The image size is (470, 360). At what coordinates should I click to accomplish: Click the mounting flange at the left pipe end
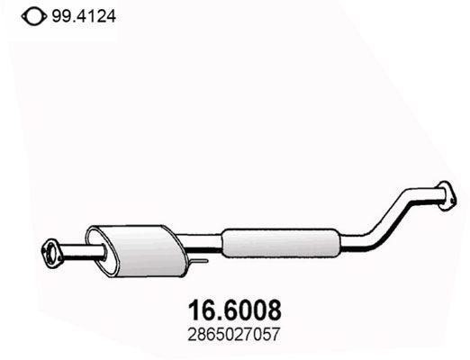pyautogui.click(x=52, y=249)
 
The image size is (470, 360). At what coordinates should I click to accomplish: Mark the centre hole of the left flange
pyautogui.click(x=51, y=249)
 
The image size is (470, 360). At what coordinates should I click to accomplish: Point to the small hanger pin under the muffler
pyautogui.click(x=199, y=262)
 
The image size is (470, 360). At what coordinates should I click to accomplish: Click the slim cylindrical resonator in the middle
pyautogui.click(x=280, y=240)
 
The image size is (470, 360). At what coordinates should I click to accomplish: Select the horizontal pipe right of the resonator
pyautogui.click(x=353, y=240)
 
